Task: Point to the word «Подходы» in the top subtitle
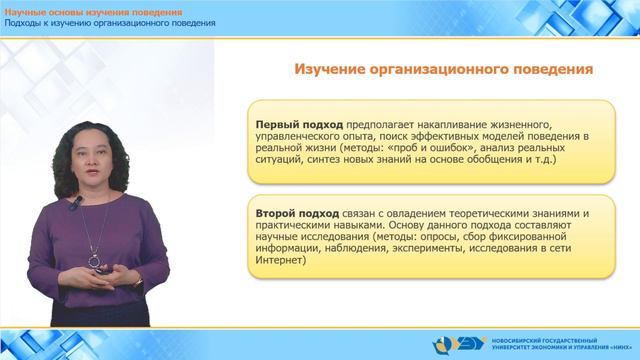[x=27, y=23]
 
